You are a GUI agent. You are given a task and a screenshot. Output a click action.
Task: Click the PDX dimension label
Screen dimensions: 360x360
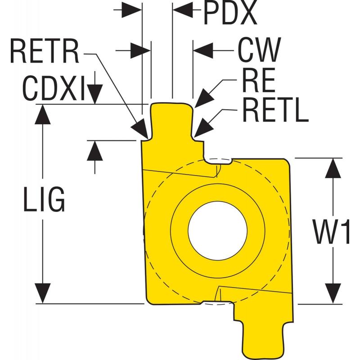point(230,13)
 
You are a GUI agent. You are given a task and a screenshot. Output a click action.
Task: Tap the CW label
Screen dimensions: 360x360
point(259,49)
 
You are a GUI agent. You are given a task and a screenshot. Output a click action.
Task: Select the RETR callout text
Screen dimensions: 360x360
point(45,51)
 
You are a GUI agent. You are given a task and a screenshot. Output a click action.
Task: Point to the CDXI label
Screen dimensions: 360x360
point(54,88)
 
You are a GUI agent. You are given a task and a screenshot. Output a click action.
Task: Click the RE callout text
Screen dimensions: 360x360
point(258,80)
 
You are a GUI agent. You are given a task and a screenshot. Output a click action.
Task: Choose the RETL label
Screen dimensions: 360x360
point(275,110)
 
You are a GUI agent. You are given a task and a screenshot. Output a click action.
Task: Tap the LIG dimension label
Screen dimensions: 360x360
point(44,199)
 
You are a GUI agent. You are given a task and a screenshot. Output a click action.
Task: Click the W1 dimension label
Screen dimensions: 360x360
point(331,232)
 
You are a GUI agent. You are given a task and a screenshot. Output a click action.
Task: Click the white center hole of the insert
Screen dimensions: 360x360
point(217,230)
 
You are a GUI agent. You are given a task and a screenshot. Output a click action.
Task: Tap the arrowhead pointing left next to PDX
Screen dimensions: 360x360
point(183,10)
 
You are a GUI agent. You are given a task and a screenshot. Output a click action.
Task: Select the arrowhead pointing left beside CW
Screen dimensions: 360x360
point(203,50)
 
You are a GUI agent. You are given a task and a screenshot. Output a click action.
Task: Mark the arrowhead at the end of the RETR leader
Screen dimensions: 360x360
point(139,129)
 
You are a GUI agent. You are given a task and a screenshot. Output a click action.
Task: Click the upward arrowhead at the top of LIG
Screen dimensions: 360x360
point(43,115)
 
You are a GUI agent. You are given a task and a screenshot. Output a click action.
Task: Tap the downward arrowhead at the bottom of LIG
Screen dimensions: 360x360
point(43,293)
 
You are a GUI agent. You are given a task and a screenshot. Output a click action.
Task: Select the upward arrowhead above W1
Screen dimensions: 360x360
point(333,168)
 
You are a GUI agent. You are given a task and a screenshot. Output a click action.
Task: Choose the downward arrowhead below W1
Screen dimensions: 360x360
point(333,294)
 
